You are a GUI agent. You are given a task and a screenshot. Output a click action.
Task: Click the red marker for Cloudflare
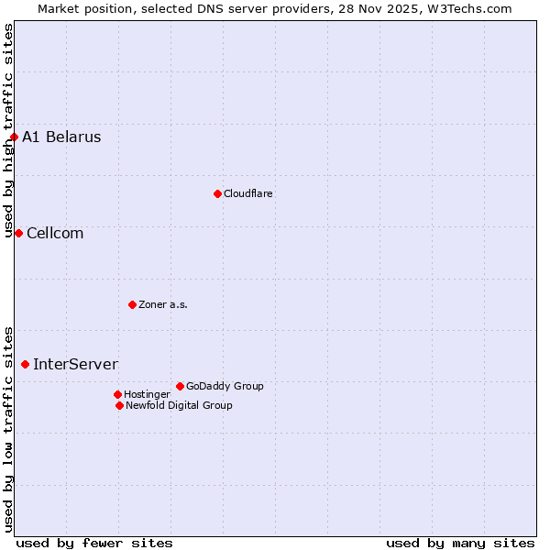(x=217, y=193)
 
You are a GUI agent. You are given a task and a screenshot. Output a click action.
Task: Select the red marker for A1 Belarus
(x=14, y=137)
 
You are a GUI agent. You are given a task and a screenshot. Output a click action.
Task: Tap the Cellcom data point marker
(x=18, y=233)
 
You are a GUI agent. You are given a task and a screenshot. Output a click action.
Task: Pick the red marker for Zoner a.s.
(x=132, y=304)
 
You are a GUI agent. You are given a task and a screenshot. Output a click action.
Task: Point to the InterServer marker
(x=25, y=364)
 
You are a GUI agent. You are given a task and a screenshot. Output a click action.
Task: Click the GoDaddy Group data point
(x=180, y=386)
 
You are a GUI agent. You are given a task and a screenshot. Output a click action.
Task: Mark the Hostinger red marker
(x=117, y=394)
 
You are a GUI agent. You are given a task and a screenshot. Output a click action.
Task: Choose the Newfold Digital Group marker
(x=119, y=405)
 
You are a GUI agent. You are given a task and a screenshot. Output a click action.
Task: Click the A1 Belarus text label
(x=61, y=137)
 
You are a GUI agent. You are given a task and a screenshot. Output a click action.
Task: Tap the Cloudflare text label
(x=248, y=193)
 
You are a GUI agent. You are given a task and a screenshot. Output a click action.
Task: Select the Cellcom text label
(x=55, y=233)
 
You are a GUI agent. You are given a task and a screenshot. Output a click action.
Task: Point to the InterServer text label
(x=75, y=364)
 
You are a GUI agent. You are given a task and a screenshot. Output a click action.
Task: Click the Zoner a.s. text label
(x=163, y=304)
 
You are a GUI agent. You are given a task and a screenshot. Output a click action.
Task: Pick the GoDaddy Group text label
(x=225, y=386)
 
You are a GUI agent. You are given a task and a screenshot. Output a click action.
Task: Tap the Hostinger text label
(x=147, y=394)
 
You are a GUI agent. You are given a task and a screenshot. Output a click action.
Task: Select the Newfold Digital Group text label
(x=179, y=405)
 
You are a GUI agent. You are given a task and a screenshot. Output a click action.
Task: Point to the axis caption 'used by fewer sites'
(x=94, y=543)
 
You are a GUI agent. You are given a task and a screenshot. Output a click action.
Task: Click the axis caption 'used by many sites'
(x=460, y=543)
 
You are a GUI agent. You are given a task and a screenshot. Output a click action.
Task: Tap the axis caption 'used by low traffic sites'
(x=9, y=429)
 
